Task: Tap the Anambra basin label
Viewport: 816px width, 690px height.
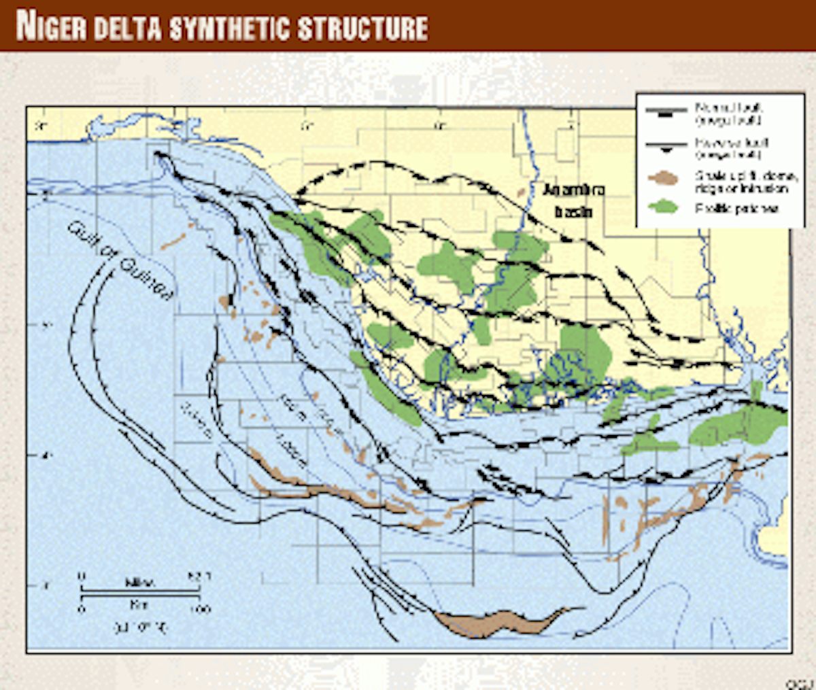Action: pyautogui.click(x=573, y=201)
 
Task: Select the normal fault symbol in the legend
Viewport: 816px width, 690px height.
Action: pyautogui.click(x=666, y=112)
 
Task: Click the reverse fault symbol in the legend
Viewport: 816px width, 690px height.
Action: pyautogui.click(x=666, y=145)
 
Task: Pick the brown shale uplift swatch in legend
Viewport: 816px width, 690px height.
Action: pyautogui.click(x=664, y=179)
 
